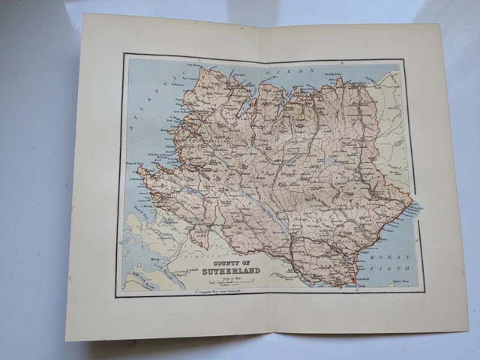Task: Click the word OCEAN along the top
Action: (274, 70)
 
